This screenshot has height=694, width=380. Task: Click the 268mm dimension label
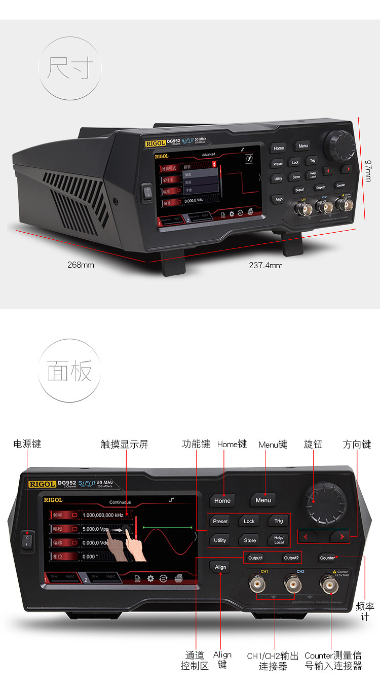pos(81,265)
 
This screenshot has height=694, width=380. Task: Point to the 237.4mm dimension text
pos(265,265)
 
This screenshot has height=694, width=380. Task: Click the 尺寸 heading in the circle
pos(70,68)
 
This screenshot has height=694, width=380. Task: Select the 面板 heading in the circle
pos(70,372)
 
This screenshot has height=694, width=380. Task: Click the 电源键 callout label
pos(27,444)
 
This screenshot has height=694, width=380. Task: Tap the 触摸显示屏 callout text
pos(125,444)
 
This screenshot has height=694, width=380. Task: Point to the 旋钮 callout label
pos(313,444)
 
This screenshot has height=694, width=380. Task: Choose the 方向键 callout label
pos(357,444)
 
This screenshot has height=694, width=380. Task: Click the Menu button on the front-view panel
pos(263,500)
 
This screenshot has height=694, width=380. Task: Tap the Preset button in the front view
pos(220,521)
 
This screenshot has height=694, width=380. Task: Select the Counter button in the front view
pos(327,558)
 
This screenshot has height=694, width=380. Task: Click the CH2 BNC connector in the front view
pos(292,585)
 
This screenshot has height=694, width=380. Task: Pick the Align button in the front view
pos(220,567)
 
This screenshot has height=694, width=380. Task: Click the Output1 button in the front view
pos(255,558)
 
